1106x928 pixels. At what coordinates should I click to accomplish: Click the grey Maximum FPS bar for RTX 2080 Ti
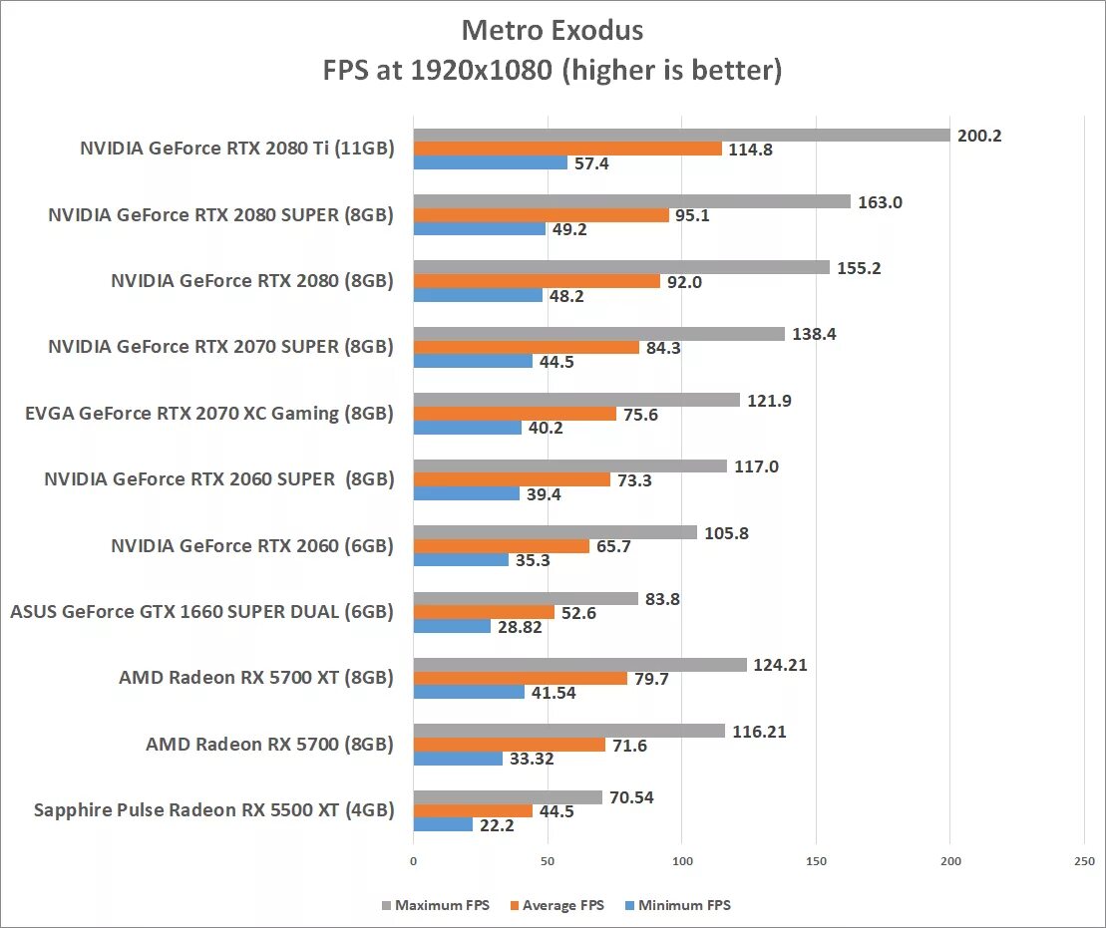(681, 136)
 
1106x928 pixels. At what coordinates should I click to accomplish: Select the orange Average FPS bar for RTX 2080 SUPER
(541, 215)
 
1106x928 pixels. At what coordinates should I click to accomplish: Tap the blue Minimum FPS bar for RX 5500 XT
(443, 824)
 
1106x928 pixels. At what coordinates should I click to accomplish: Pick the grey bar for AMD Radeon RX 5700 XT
(579, 665)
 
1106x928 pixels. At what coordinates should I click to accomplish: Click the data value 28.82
(522, 627)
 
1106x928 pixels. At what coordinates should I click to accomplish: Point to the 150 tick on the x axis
(816, 860)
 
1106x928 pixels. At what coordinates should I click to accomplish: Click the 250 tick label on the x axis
(1084, 860)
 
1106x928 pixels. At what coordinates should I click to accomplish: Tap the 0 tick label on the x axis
(414, 860)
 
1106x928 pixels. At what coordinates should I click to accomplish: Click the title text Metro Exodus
(553, 31)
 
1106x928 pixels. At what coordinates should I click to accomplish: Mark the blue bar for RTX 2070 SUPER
(473, 361)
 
